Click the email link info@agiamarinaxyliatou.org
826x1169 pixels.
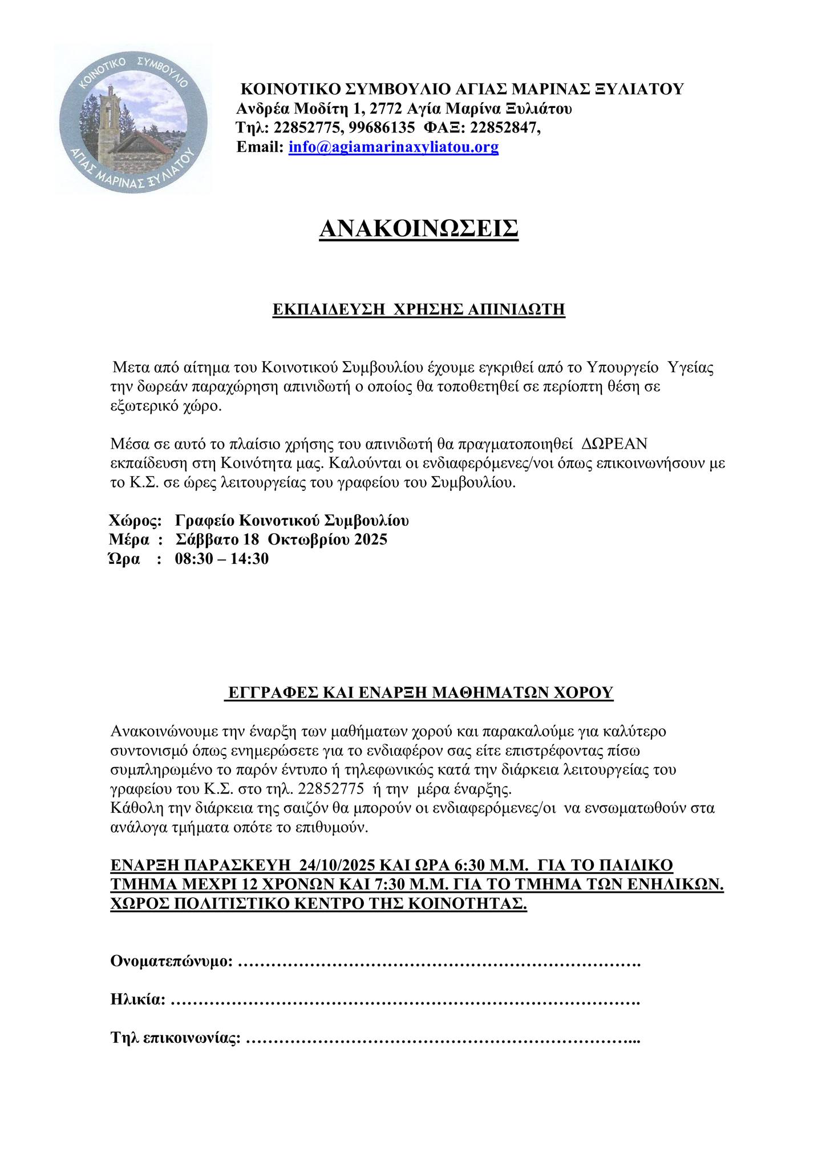[394, 147]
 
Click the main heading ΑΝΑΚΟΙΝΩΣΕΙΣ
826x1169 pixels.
[419, 228]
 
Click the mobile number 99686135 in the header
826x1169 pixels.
[378, 127]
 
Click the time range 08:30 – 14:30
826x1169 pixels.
[221, 559]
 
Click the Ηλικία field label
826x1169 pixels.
[137, 999]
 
